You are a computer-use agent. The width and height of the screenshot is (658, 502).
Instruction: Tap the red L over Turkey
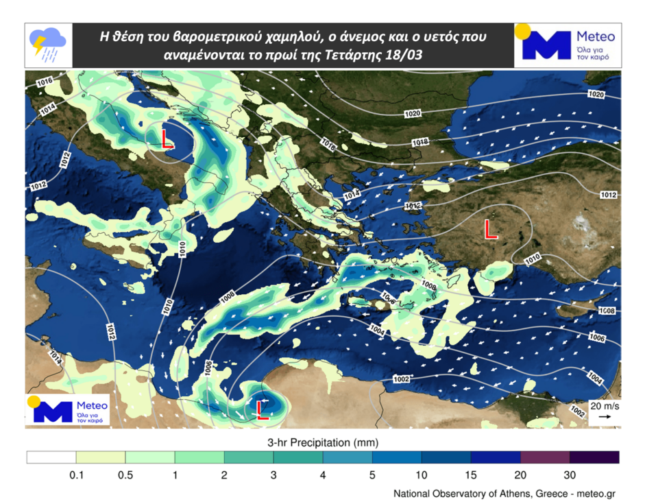[490, 229]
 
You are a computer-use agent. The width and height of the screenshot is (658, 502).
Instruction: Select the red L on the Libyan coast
[261, 409]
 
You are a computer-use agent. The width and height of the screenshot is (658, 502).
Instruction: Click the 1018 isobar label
[419, 142]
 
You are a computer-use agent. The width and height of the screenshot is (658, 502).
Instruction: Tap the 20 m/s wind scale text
[605, 406]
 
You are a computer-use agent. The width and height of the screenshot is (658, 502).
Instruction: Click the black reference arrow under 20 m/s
[605, 416]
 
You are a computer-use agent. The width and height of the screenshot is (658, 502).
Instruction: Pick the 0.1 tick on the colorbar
[76, 475]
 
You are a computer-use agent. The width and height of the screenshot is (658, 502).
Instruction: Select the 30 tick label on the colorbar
[570, 475]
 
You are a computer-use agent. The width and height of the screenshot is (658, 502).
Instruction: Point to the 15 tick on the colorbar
[471, 475]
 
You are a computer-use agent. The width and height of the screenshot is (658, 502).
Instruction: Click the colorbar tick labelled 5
[372, 475]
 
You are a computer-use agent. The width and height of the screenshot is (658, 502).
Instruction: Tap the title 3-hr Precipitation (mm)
[322, 441]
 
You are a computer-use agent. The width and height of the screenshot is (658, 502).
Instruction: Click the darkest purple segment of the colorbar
[594, 457]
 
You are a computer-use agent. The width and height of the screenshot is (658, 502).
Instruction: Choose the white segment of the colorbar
[51, 457]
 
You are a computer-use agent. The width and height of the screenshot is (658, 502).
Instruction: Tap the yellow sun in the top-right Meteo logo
[523, 32]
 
